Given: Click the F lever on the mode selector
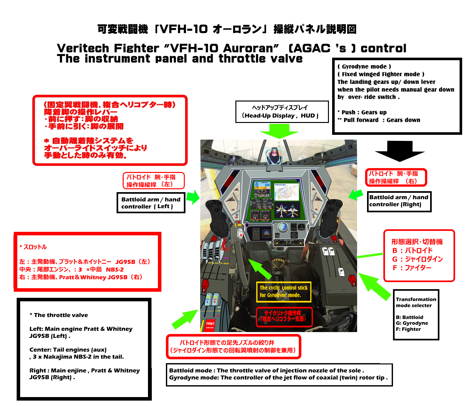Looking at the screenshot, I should point(341,272).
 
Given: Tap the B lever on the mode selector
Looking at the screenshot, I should point(325,250).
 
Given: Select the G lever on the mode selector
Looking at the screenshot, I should point(331,250).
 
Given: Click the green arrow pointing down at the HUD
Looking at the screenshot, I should point(279,131).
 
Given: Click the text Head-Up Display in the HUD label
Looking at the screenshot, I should point(269,116).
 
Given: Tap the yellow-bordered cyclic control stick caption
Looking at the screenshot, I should point(283,292).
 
